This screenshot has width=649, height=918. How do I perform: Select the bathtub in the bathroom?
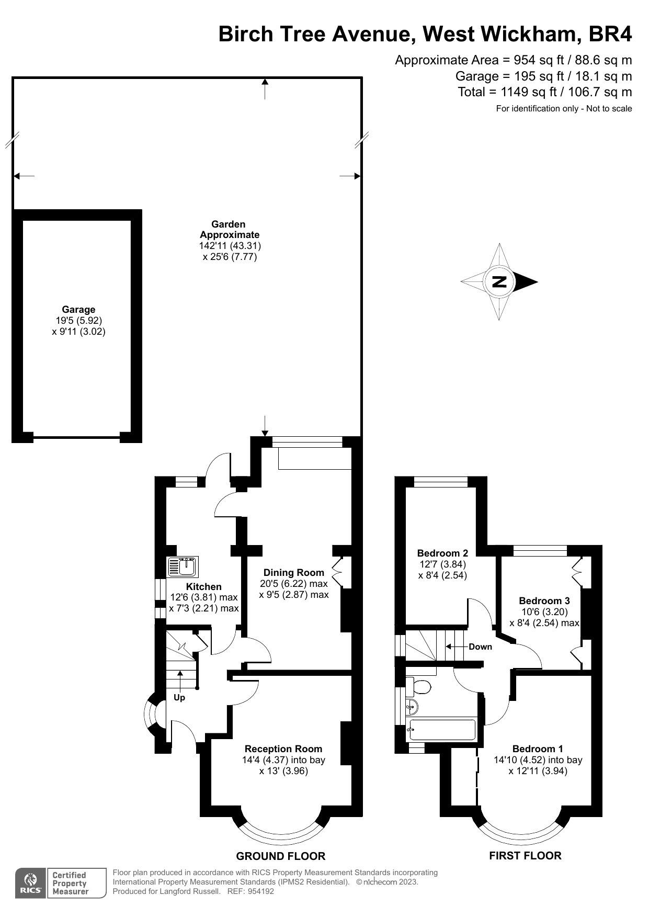click(x=442, y=730)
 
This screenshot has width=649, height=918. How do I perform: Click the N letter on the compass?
click(x=499, y=282)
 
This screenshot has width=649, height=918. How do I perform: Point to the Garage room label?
click(x=78, y=310)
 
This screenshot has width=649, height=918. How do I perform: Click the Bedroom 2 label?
click(x=442, y=553)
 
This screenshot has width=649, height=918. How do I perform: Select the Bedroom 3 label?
click(x=544, y=600)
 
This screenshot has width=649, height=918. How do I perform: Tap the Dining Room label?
click(x=293, y=572)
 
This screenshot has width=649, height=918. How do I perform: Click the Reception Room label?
click(x=283, y=749)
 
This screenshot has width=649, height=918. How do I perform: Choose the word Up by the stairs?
click(x=179, y=697)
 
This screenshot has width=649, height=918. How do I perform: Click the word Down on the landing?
click(x=480, y=647)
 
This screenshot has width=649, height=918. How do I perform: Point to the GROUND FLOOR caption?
click(x=281, y=856)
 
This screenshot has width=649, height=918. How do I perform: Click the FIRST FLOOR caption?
click(x=525, y=856)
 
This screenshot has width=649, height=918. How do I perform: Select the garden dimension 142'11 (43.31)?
click(x=230, y=245)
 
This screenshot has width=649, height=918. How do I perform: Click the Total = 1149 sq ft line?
click(x=544, y=92)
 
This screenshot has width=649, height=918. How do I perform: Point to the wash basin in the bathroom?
click(x=412, y=707)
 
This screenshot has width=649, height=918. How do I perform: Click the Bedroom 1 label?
click(x=538, y=749)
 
